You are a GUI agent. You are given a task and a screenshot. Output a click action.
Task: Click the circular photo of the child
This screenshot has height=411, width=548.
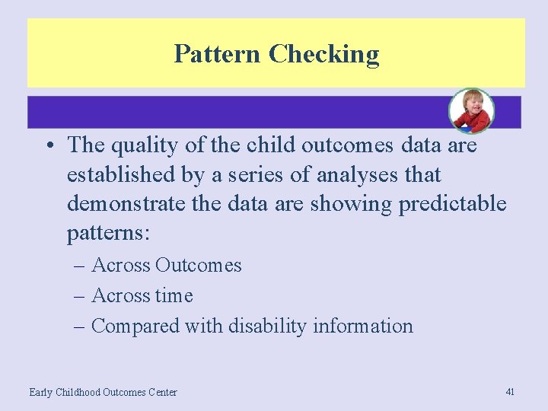pyautogui.click(x=471, y=111)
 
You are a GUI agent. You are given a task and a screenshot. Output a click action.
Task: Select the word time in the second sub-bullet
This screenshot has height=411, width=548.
pyautogui.click(x=174, y=295)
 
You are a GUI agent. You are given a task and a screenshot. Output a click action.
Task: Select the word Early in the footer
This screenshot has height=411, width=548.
pyautogui.click(x=41, y=392)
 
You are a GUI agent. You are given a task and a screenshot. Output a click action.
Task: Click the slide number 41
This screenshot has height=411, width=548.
pyautogui.click(x=510, y=391)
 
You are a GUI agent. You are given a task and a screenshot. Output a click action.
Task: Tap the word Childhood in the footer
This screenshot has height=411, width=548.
pyautogui.click(x=78, y=392)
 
